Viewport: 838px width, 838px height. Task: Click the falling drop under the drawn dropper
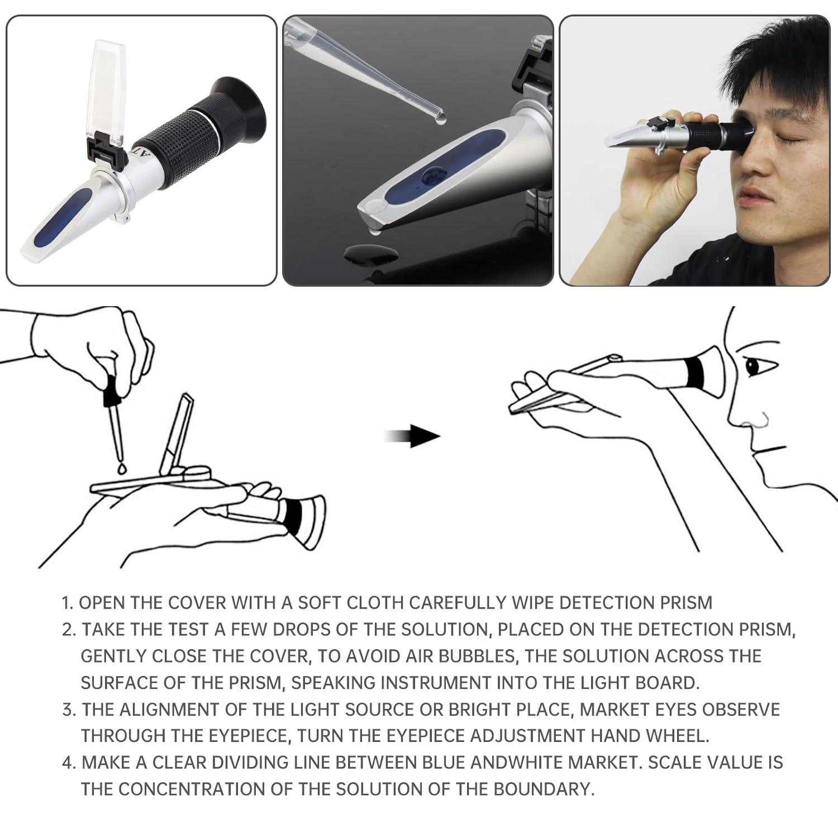[122, 467]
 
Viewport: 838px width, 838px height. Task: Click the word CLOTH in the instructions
[375, 603]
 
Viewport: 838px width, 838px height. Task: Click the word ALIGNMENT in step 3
[179, 710]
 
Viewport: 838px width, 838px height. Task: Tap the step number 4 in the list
[68, 763]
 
